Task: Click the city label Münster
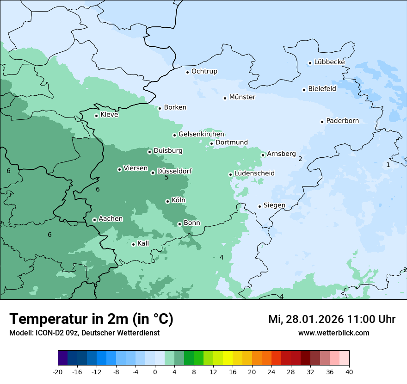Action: point(242,97)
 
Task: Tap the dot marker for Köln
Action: point(167,201)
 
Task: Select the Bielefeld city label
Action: point(322,89)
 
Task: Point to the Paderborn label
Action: point(342,121)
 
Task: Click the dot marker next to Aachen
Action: point(94,220)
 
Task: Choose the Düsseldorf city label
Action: point(174,171)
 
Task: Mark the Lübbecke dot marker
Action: point(310,63)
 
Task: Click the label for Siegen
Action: point(274,205)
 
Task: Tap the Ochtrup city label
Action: point(204,71)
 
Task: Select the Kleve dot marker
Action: point(96,116)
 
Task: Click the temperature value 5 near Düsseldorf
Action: point(166,178)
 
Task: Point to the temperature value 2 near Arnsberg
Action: point(300,159)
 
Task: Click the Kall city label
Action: point(143,243)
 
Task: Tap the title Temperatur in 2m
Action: point(91,319)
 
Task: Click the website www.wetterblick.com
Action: point(333,333)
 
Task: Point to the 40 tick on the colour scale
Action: point(349,372)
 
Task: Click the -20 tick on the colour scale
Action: point(57,372)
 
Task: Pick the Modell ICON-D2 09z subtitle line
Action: point(84,333)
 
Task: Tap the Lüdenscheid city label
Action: point(254,173)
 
